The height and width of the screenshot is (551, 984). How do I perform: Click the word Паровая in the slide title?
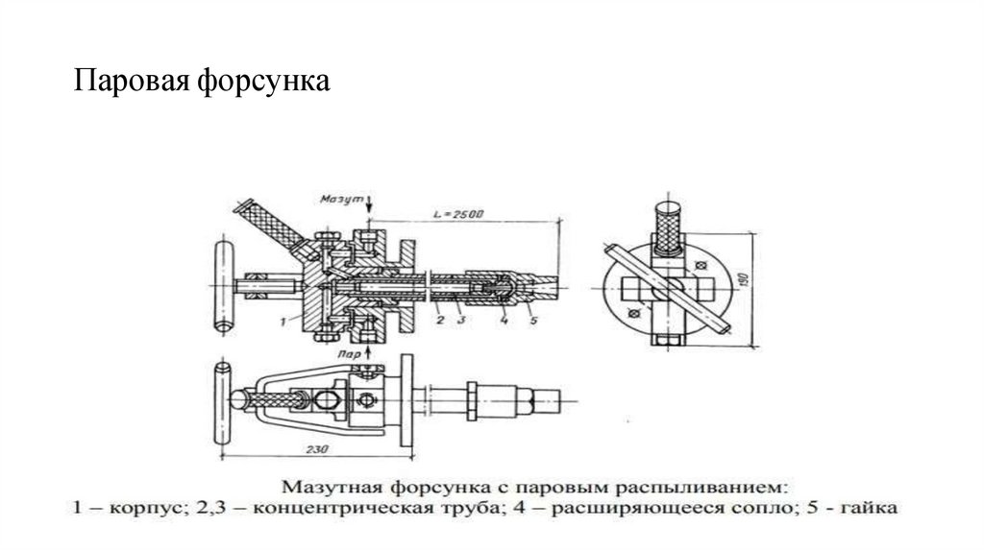coord(134,84)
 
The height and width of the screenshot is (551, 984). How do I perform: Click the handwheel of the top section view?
coord(220,285)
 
